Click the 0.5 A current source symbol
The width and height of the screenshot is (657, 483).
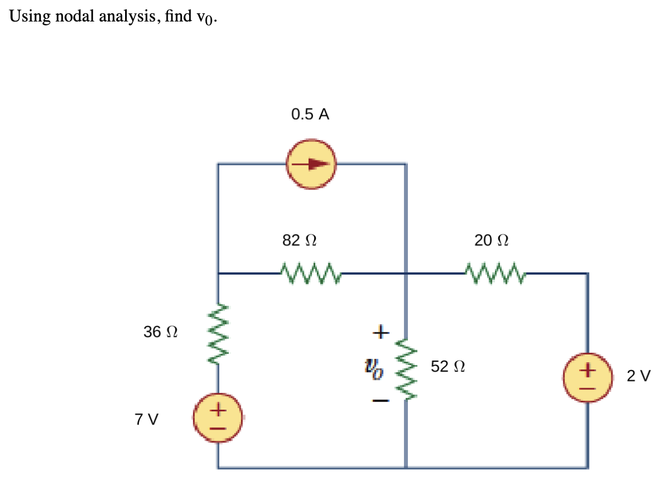[311, 164]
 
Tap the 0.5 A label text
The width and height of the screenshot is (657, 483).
[310, 114]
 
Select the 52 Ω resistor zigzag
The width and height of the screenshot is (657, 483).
[406, 367]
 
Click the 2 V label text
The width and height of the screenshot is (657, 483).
[639, 377]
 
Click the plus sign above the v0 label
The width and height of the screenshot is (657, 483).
[380, 332]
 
